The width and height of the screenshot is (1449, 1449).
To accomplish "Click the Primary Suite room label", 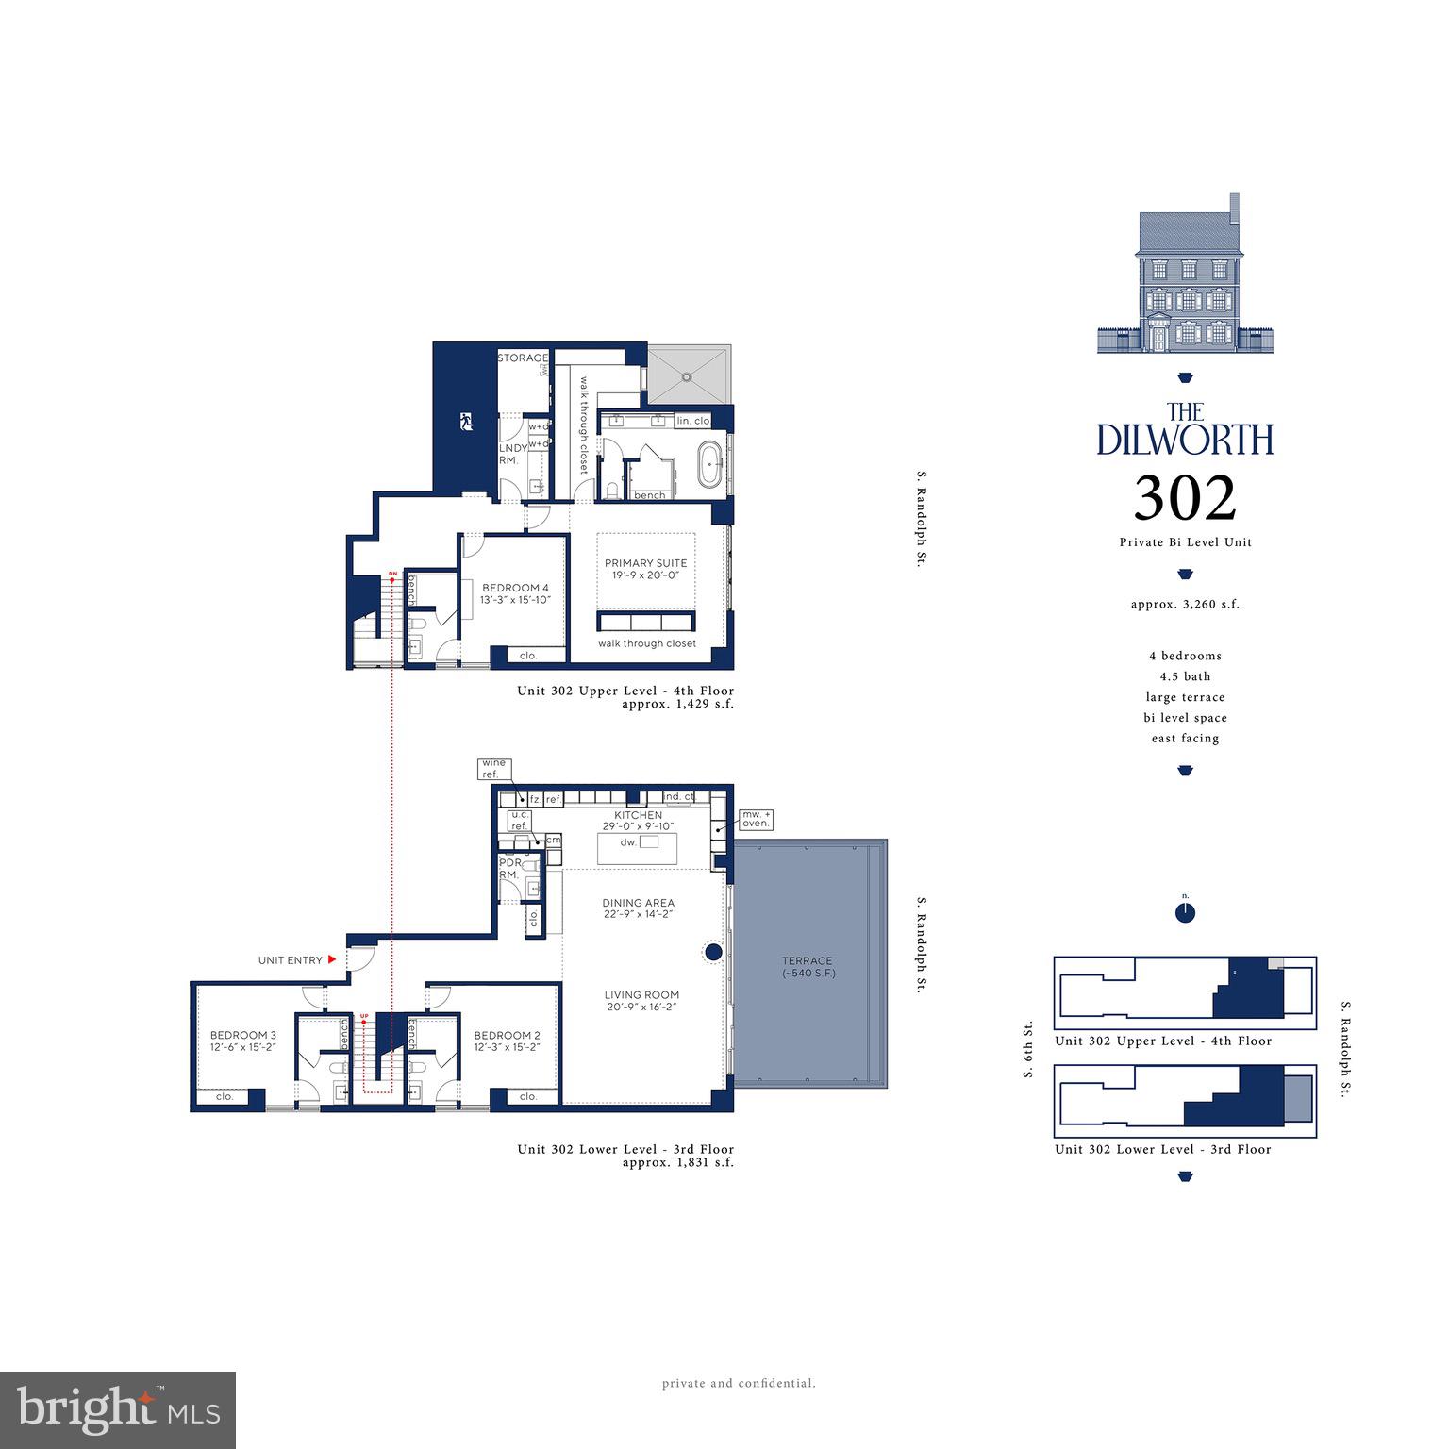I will [646, 563].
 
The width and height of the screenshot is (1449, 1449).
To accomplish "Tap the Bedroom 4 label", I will [514, 588].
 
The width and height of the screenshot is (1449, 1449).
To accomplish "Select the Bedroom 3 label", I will [243, 1034].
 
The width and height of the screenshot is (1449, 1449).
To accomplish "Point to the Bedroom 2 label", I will [508, 1035].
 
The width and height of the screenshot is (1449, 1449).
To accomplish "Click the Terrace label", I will [807, 961].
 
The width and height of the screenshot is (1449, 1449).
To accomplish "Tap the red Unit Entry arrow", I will [332, 959].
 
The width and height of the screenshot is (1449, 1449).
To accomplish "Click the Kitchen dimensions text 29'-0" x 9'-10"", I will [639, 826].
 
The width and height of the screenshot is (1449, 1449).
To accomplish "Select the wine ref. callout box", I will [493, 768].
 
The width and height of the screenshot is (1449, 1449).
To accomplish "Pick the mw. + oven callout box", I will [756, 818].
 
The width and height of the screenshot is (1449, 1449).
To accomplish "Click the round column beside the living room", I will [714, 952].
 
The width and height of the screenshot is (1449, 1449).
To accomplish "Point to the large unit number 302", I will [1185, 498].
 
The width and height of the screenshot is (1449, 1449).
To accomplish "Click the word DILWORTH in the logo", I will [1185, 440].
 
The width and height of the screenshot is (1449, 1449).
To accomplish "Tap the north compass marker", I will [1186, 912].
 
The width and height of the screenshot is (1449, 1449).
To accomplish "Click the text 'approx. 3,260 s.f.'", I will [1185, 604].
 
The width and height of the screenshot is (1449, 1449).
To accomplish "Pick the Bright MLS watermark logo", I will [118, 1410].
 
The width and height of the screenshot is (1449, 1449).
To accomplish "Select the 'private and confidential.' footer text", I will [739, 1384].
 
